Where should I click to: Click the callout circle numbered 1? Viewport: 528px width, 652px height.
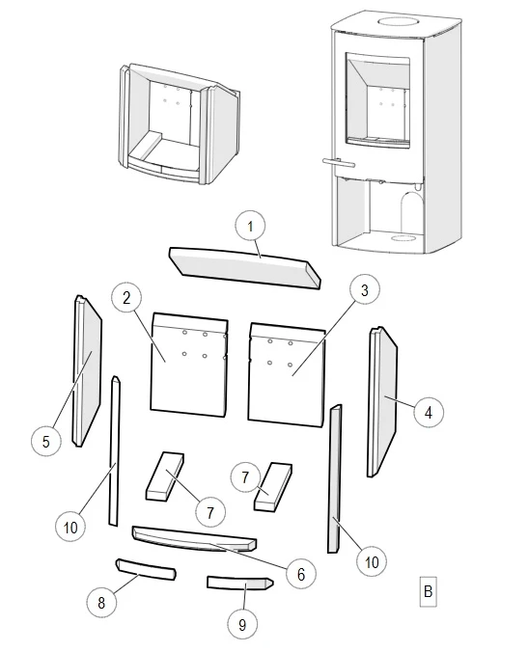point(250,227)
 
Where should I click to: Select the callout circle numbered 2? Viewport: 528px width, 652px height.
point(126,298)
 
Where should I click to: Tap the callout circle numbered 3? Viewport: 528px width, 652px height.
point(365,290)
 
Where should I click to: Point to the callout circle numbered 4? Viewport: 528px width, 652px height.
point(429,412)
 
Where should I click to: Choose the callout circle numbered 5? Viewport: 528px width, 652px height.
point(46,441)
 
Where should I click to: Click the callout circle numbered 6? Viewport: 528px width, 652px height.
point(301,574)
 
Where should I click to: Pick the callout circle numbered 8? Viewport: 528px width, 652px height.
point(101,603)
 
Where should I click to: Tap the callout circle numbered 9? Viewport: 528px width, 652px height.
point(242,625)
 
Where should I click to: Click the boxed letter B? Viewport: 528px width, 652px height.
point(429,591)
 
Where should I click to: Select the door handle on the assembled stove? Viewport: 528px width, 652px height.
point(338,162)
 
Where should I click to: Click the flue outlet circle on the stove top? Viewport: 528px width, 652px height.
point(397,21)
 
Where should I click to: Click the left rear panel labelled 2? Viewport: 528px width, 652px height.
point(188,366)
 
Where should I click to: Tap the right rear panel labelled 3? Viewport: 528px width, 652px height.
point(287,375)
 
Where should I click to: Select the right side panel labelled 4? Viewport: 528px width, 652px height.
point(382,401)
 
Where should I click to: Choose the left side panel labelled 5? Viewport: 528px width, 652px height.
point(88,371)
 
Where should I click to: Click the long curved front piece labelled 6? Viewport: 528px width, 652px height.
point(194,539)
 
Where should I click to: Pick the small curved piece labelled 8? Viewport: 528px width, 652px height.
point(146,569)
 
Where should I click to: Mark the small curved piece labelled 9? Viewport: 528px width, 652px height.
point(240,583)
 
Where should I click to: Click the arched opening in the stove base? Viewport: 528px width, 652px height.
point(411,212)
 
